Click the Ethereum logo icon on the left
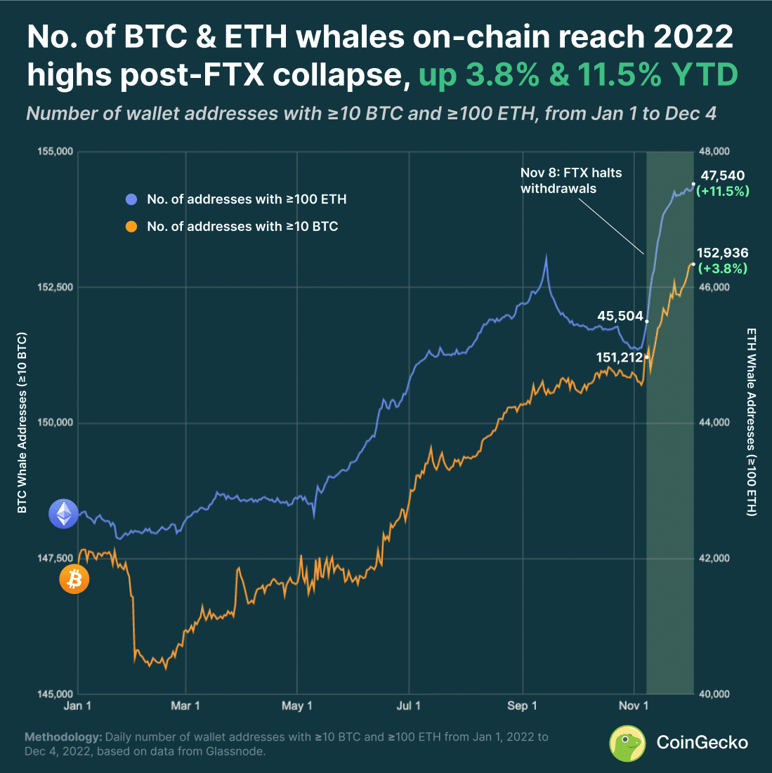(63, 514)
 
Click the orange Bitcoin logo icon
(74, 579)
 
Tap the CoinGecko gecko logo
(627, 743)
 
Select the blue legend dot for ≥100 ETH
(131, 200)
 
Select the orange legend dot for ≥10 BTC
(131, 226)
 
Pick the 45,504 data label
(620, 316)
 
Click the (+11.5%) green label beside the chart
(722, 191)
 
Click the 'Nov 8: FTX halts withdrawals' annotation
(570, 180)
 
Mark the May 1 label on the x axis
(296, 706)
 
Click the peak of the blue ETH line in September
(546, 257)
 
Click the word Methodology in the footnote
(63, 738)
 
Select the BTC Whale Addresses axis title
(22, 421)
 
